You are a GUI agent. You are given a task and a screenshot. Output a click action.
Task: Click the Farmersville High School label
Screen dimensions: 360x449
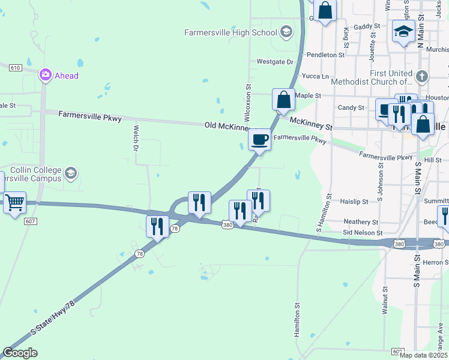coord(231,32)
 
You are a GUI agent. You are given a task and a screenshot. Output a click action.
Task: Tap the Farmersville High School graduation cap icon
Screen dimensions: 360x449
coord(286,32)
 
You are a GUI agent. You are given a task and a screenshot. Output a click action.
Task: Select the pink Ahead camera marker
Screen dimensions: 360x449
coord(45,75)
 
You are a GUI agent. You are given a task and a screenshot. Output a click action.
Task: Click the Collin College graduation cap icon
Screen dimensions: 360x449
coord(71,174)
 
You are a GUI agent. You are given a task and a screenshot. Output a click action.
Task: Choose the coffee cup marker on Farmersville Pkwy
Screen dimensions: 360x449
coord(260,140)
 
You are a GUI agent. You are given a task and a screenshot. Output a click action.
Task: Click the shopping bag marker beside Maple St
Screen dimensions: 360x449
coord(283,100)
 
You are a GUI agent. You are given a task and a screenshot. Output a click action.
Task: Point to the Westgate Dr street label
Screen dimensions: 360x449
coord(274,61)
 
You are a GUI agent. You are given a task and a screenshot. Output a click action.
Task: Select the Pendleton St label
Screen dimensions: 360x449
coord(325,54)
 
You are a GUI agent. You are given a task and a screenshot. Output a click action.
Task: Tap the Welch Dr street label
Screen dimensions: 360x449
coord(136,139)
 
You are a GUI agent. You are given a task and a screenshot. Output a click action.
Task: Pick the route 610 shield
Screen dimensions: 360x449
coord(16,67)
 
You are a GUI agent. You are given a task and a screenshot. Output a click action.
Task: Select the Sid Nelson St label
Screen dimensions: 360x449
coord(363,232)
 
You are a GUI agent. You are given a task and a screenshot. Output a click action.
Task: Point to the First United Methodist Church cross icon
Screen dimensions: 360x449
coord(423,76)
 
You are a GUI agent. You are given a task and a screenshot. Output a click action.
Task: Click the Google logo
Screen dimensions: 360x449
coord(20,353)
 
